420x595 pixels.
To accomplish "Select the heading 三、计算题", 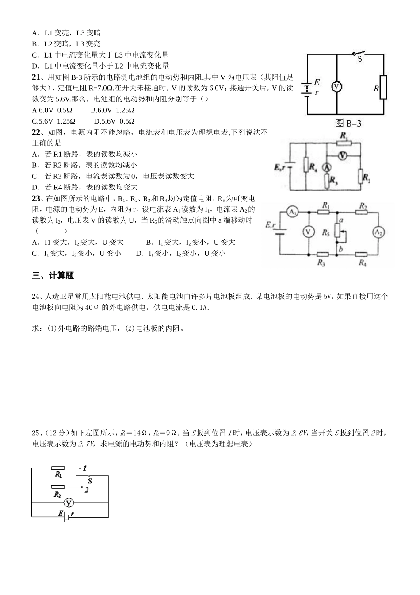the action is point(53,276).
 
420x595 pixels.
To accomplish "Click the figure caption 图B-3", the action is point(348,124).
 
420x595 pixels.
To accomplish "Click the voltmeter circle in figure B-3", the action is point(337,87).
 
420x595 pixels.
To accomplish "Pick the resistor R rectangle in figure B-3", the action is point(383,88).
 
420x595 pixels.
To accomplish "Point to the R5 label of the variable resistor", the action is point(326,232).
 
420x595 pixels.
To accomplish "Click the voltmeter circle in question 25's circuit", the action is point(69,502).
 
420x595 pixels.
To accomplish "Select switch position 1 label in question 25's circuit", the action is point(84,468).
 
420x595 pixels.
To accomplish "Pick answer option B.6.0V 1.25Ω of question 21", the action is point(112,110).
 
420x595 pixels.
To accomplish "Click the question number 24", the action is point(36,296).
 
